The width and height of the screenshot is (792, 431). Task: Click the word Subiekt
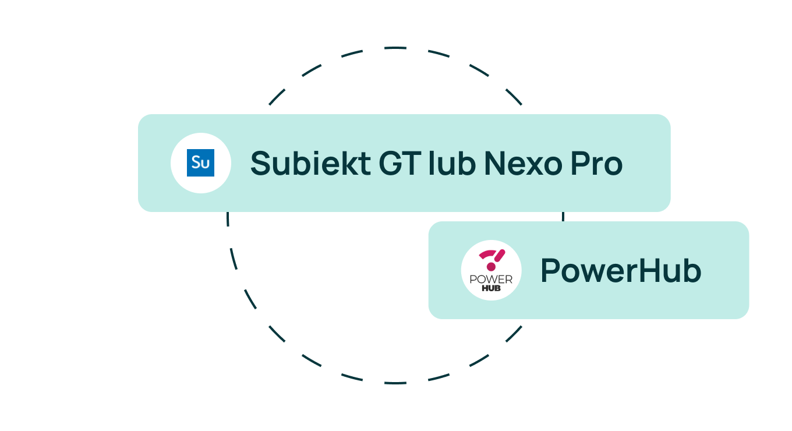(x=310, y=163)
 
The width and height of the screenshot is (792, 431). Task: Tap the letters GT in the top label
(x=400, y=163)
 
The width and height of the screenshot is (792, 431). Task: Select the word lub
(x=452, y=162)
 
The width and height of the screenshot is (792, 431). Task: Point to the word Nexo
(x=522, y=163)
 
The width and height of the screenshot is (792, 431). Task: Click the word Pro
(x=596, y=163)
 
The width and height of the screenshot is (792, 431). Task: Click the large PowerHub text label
(x=621, y=270)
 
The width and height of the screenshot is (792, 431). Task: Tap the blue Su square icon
(x=200, y=162)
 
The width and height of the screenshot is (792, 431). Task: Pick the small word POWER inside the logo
(x=491, y=280)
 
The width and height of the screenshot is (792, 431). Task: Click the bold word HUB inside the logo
(x=491, y=288)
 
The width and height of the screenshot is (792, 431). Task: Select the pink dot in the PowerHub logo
(x=491, y=267)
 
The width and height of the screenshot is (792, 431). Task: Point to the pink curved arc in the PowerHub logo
(x=487, y=254)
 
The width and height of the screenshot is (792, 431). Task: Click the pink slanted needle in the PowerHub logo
(x=500, y=256)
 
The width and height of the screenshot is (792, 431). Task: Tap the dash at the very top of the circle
(x=395, y=48)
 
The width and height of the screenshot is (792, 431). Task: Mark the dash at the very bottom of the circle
(x=395, y=383)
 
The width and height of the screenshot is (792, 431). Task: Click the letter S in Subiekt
(x=260, y=163)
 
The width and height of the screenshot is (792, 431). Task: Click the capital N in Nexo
(x=495, y=163)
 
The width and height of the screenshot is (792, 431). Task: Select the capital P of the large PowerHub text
(x=551, y=270)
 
